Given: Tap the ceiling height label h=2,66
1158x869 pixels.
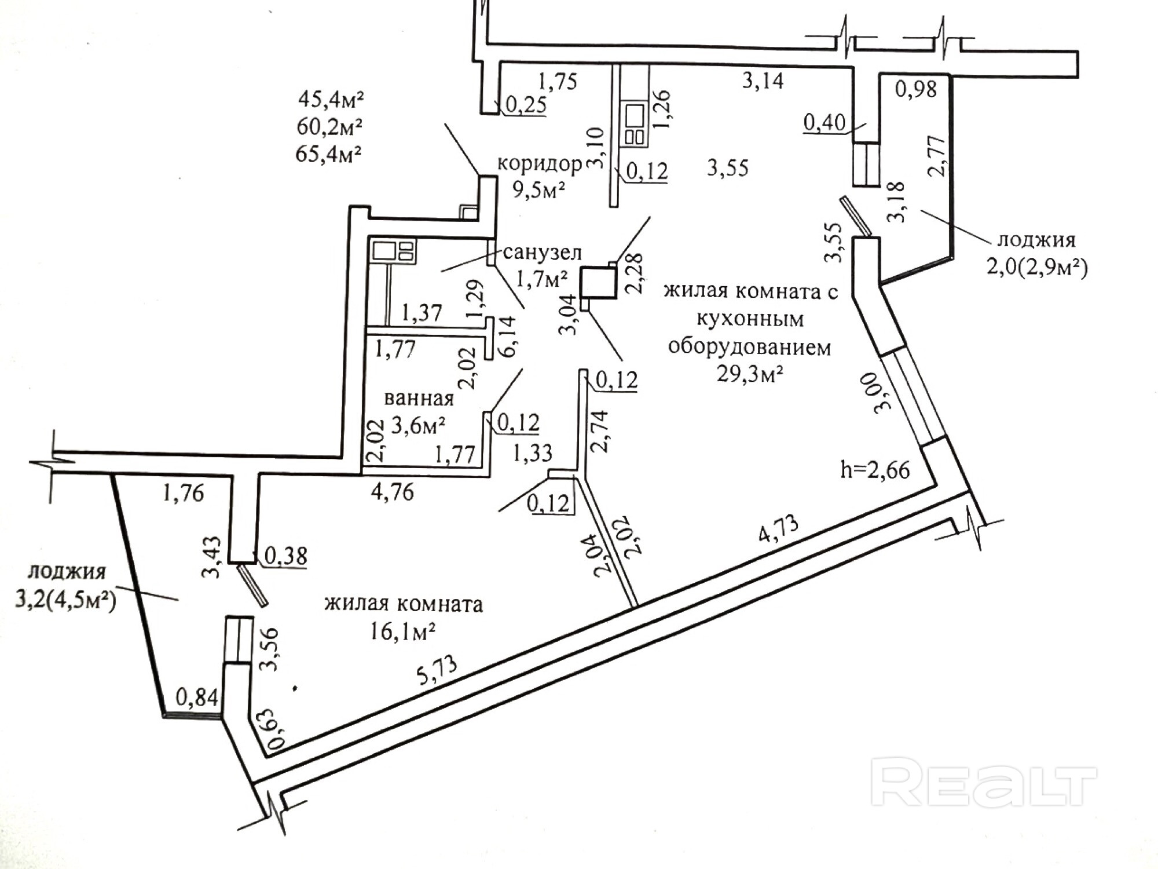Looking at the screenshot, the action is point(875,469).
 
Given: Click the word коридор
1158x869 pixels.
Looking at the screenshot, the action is point(539,165).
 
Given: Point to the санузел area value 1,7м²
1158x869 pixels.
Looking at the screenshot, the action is point(541,280).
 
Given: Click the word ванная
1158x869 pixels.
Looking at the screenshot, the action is point(419,399).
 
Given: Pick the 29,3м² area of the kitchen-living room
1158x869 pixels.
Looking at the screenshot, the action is point(750,374).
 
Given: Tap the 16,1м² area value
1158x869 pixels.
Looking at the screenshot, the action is point(403,631).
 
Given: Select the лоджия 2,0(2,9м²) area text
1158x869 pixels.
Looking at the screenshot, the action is point(1037,268).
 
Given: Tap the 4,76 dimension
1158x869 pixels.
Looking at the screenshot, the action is point(393,492).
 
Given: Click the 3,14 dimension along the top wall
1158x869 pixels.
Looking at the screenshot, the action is point(763,81).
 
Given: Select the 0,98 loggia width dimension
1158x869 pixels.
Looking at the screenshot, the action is point(915,89).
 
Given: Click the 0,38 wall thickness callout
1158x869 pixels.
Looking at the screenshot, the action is point(285,556).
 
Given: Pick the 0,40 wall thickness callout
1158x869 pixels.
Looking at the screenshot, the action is point(824,123).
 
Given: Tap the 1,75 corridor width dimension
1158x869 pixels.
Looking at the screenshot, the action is point(558,81).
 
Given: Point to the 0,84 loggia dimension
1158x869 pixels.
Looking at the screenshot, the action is point(197,698).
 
